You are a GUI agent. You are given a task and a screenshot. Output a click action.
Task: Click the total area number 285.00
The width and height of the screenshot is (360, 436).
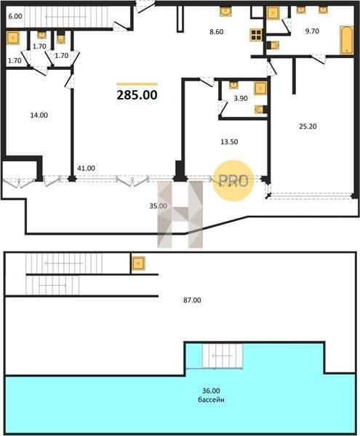coord(137,94)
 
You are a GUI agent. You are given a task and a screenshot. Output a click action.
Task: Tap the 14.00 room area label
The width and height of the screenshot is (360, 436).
coord(39,115)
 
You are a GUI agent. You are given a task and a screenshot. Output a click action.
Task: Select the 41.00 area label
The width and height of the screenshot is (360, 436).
coord(86,169)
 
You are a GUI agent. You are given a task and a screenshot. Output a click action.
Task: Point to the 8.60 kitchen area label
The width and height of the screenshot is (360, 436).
coord(217,32)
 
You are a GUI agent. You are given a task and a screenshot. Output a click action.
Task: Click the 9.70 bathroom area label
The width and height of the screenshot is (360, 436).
coord(312,31)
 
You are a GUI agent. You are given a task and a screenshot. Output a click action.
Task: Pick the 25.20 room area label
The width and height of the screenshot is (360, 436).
coord(308,126)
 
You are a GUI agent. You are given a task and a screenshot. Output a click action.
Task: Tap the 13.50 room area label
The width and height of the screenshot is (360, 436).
coord(229,142)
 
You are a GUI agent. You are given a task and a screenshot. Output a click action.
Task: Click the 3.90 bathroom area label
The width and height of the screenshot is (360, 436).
coord(241,98)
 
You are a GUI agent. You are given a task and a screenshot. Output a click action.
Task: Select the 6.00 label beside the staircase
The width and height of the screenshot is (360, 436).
coord(15,17)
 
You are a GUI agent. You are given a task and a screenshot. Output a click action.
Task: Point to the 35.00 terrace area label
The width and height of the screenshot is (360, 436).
coord(158,206)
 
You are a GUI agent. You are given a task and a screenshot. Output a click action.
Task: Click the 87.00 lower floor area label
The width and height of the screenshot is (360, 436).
coord(192,300)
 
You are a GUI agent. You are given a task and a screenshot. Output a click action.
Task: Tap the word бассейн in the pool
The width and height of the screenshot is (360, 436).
coord(211,400)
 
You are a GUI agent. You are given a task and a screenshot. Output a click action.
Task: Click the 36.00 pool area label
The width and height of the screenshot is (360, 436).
coord(211,391)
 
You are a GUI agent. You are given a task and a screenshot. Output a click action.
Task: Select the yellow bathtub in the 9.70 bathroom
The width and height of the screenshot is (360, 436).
coord(347,40)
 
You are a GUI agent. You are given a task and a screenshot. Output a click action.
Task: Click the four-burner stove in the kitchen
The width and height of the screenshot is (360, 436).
coord(256,35)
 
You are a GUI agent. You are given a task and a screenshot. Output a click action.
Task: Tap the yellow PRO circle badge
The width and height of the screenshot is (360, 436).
coord(233,181)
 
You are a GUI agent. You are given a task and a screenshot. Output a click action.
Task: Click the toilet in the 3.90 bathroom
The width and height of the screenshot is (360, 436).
coord(260,109)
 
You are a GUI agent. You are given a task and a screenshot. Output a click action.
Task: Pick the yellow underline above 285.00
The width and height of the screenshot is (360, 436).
coord(137,84)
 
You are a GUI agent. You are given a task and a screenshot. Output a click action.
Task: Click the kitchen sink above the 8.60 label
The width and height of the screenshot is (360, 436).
coord(225,12)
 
